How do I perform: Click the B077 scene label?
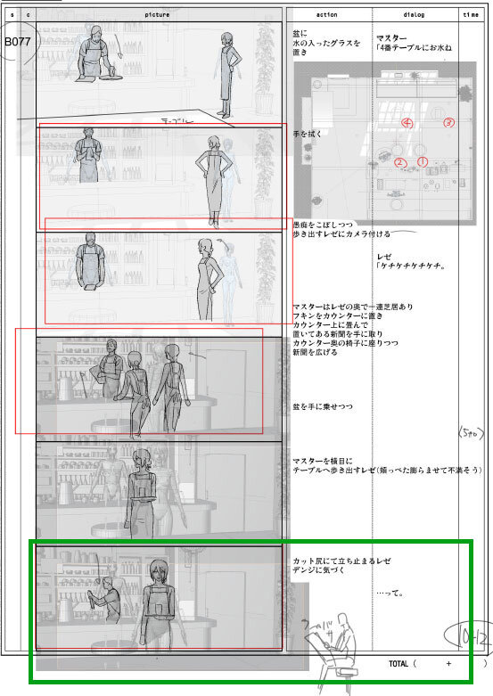[17, 41]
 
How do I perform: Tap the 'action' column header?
[325, 14]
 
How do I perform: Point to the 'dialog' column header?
[415, 14]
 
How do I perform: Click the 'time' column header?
[470, 14]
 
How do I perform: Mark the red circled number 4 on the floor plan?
[407, 123]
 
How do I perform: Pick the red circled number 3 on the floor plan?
[448, 122]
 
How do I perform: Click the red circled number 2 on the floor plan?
[400, 162]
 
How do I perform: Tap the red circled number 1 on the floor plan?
[423, 161]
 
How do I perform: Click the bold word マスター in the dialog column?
[392, 38]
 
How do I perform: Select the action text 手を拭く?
[308, 134]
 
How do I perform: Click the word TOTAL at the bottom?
[399, 664]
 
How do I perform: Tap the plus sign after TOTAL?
[448, 664]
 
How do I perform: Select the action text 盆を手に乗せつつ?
[323, 406]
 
